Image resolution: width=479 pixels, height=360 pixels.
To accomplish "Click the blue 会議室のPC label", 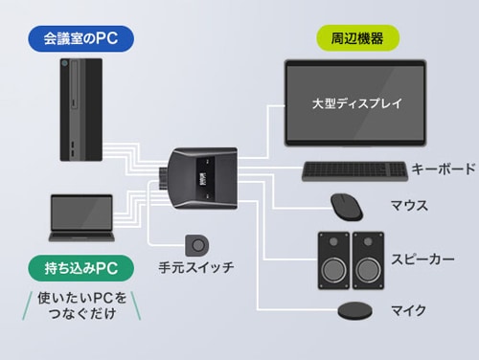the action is pos(81,39).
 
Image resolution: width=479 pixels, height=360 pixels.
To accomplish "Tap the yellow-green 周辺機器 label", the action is pos(357,38).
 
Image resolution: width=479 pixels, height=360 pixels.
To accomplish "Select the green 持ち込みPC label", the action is pos(81,268).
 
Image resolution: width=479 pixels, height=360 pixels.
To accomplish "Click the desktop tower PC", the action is pos(81,109).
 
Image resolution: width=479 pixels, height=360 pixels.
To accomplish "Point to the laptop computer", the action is pos(81,218).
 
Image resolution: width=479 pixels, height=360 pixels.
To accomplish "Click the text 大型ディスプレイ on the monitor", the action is pos(356,103).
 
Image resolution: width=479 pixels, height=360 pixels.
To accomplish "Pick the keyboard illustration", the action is pos(354,171).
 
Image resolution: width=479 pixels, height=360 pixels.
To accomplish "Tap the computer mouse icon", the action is pos(347,207).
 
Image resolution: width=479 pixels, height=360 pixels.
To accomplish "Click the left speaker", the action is pos(333,260).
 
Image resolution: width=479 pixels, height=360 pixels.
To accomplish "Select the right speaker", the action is pos(368,260).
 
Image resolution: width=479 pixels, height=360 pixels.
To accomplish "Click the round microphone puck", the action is pos(355,310).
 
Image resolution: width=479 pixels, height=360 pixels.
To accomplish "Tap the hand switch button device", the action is pos(197,245).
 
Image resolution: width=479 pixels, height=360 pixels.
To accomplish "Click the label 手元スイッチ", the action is pos(196,267).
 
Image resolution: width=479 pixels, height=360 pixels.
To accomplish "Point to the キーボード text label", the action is pos(444,169).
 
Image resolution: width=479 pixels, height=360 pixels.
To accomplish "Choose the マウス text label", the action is pos(409,205).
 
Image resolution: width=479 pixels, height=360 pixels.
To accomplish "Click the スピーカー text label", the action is pos(422,259).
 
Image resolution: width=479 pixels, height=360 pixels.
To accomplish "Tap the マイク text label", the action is pos(409,310).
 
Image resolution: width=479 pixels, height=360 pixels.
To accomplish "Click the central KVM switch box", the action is pos(202,178).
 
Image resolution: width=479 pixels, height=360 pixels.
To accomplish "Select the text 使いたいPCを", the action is pos(82,298).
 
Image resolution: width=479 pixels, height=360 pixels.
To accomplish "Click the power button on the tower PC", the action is pos(65,63).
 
